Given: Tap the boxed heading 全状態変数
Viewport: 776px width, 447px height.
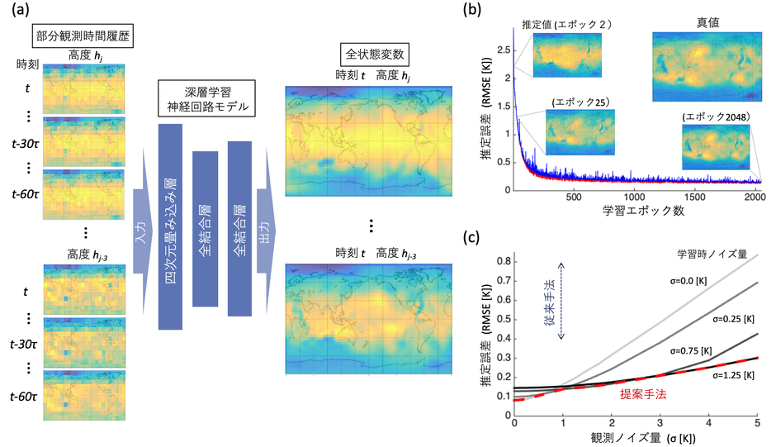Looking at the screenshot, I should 368,56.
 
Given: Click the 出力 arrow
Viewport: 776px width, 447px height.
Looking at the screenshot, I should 266,216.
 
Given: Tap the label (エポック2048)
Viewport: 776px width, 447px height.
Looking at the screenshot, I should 715,117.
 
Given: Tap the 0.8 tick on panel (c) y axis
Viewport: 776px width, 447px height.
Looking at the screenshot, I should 502,261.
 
